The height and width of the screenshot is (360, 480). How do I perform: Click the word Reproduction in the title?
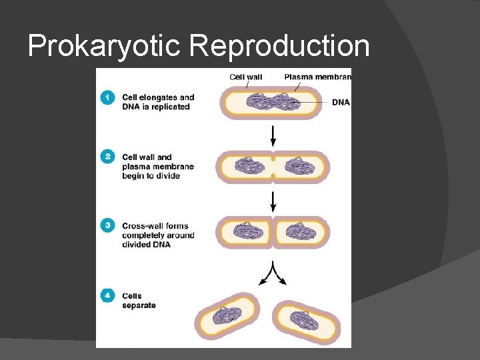click(x=279, y=47)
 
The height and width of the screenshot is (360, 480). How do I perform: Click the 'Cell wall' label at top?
click(x=246, y=77)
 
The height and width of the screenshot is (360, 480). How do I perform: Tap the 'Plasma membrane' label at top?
click(x=317, y=77)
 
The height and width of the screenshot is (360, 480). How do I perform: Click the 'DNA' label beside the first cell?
click(x=340, y=103)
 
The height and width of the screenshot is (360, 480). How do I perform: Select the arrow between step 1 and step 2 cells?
click(x=273, y=136)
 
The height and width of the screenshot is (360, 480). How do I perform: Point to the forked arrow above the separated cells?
click(x=273, y=273)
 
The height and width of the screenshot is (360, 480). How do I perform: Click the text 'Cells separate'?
click(x=139, y=301)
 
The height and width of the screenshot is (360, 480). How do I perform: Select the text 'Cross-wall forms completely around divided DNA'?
click(x=158, y=235)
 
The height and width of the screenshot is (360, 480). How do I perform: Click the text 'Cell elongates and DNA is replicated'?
click(x=158, y=102)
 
